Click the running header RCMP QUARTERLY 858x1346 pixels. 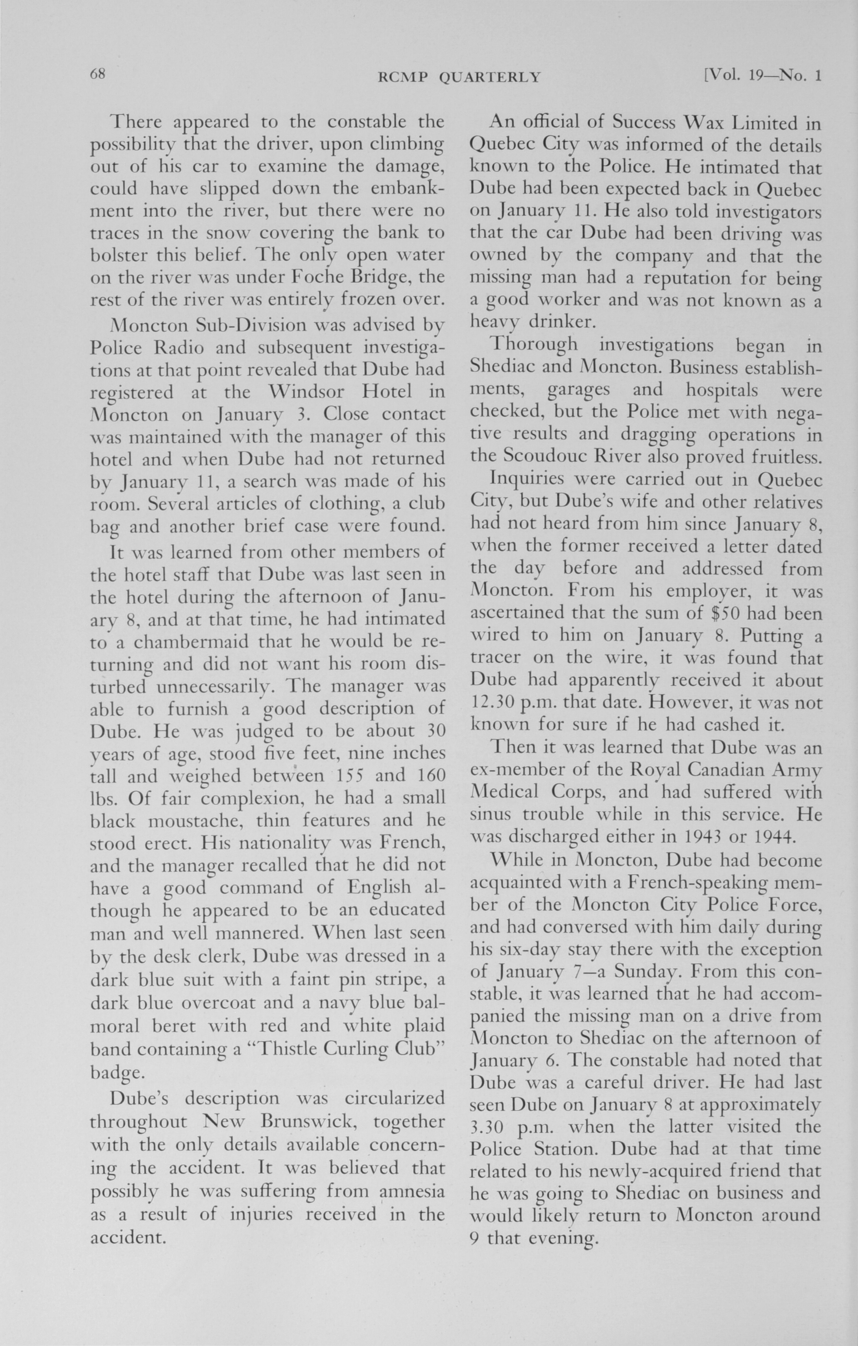click(459, 77)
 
